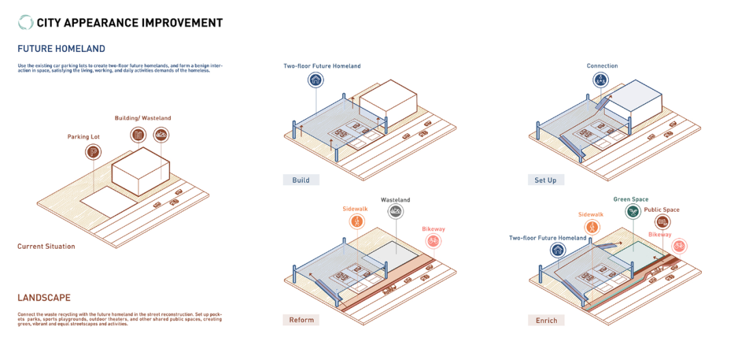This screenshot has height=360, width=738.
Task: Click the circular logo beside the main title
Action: coord(26,23)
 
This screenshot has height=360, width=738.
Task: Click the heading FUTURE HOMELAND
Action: coord(61,49)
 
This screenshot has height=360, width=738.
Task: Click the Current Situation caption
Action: coord(46,246)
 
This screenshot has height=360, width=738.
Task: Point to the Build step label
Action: coord(301,180)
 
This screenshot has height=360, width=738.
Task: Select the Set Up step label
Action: coord(545,180)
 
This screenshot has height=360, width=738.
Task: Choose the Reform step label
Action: coord(301,320)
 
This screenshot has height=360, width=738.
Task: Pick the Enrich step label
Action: coord(546,320)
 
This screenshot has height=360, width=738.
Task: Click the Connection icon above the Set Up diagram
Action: coord(601,81)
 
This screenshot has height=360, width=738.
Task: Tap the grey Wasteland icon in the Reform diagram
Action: coord(395,212)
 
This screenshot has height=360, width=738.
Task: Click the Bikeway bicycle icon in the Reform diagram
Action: coord(433,240)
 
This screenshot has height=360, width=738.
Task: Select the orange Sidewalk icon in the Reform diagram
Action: coord(357,221)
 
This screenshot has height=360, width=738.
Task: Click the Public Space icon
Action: coord(661,221)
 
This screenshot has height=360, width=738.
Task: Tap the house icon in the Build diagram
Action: coord(316,81)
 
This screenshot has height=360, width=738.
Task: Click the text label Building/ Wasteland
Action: coord(143,118)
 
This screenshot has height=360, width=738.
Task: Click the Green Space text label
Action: coord(631,199)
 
